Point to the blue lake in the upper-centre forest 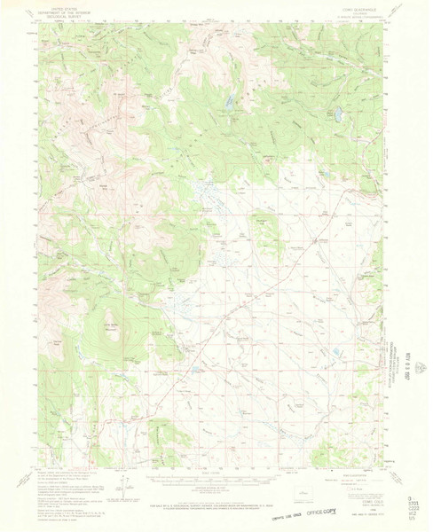coord(229,103)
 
